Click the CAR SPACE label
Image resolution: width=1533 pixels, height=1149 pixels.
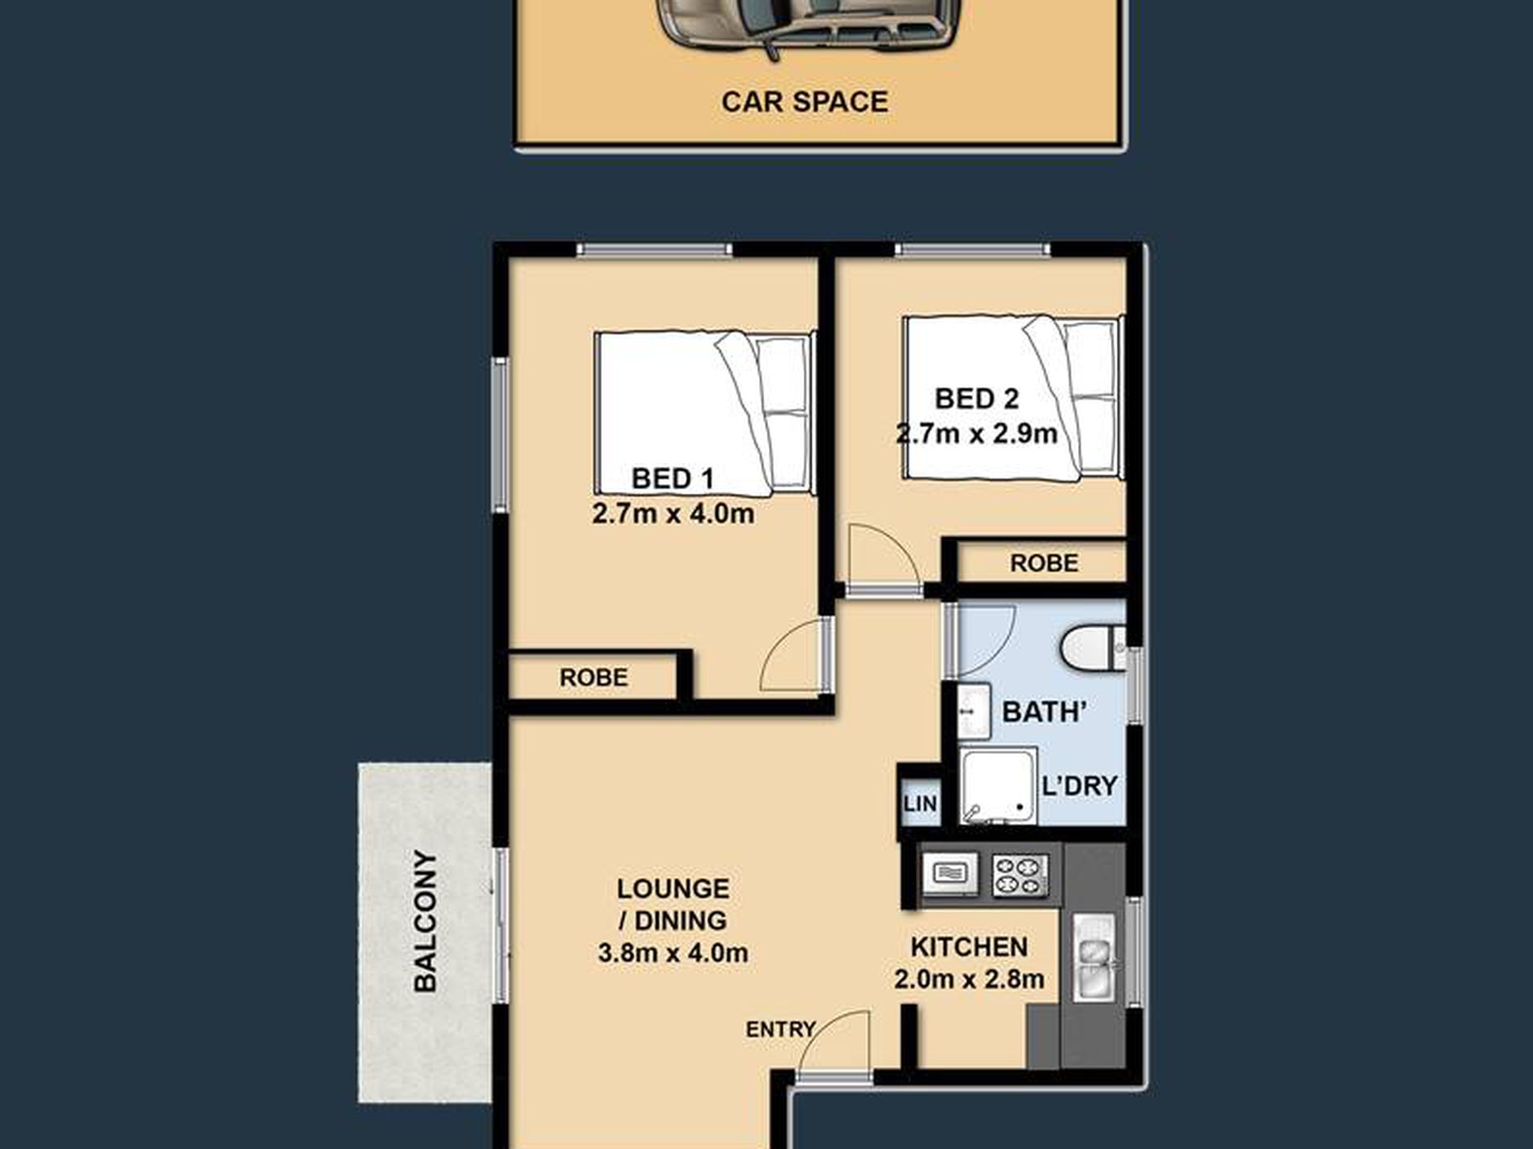coord(804,102)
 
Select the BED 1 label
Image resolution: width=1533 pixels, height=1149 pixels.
coord(672,478)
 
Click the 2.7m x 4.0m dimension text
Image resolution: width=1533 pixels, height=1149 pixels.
coord(673,513)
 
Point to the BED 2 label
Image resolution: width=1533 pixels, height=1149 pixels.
coord(976,398)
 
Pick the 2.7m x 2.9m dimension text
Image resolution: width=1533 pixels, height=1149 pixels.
coord(976,434)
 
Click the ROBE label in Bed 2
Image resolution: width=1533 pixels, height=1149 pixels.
coord(1043,563)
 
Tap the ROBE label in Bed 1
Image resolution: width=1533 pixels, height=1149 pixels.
coord(593,677)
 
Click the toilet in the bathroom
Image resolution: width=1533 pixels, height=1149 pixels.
coord(1092,647)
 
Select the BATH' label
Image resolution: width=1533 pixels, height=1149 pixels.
coord(1044,712)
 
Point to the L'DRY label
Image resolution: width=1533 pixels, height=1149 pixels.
coord(1079,785)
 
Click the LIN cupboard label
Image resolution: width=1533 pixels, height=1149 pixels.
coord(920,803)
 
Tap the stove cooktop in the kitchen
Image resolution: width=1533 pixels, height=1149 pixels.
coord(1021,876)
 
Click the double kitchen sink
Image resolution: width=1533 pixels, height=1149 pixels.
coord(1093,957)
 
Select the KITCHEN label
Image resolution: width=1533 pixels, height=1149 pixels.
coord(969,947)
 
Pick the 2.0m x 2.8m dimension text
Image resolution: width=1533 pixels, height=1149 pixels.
coord(969,979)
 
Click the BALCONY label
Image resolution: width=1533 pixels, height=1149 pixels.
coord(425,921)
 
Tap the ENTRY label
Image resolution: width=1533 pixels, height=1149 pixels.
coord(780,1030)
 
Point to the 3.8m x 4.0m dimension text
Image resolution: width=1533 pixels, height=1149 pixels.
coord(673,953)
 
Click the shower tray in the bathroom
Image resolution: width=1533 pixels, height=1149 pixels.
coord(998,786)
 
